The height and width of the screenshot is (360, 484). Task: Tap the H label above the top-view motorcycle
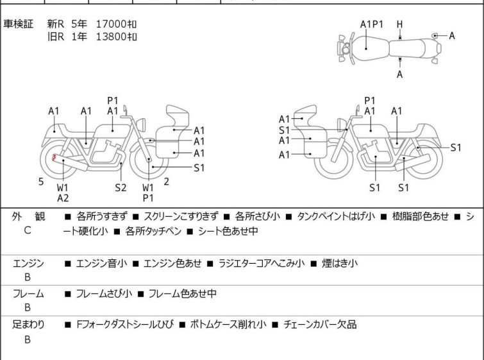pyautogui.click(x=399, y=25)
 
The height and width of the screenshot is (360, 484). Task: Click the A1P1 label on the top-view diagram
pyautogui.click(x=371, y=25)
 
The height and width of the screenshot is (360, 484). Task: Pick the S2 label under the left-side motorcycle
pyautogui.click(x=121, y=187)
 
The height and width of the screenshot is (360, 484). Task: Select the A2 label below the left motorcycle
pyautogui.click(x=63, y=198)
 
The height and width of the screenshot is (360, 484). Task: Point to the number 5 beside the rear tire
pyautogui.click(x=41, y=182)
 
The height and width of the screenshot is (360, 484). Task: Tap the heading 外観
pyautogui.click(x=28, y=217)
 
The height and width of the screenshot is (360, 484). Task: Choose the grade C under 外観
pyautogui.click(x=28, y=230)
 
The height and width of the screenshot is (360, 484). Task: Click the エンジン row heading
pyautogui.click(x=28, y=263)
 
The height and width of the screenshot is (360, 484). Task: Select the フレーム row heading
pyautogui.click(x=28, y=294)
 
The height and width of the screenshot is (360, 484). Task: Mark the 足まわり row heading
pyautogui.click(x=28, y=325)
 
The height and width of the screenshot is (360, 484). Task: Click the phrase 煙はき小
pyautogui.click(x=339, y=263)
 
